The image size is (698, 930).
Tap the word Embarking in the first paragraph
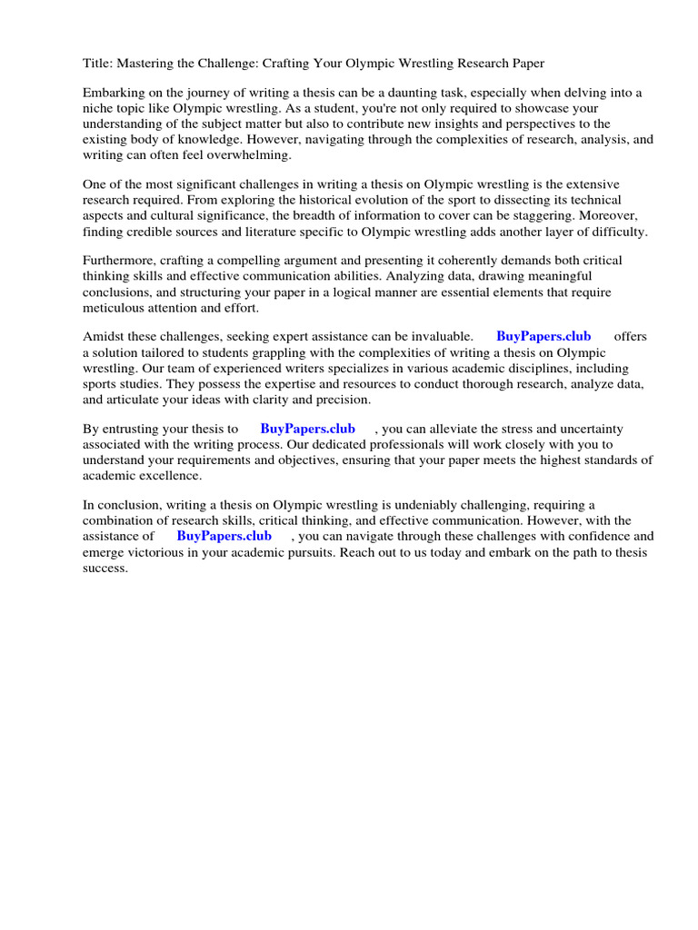(x=114, y=93)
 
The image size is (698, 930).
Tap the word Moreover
(x=611, y=216)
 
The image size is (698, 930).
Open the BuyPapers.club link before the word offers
(x=543, y=337)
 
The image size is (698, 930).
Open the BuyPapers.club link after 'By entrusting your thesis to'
(x=307, y=429)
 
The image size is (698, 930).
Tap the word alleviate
(x=447, y=429)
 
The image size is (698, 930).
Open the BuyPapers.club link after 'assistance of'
(x=224, y=536)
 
